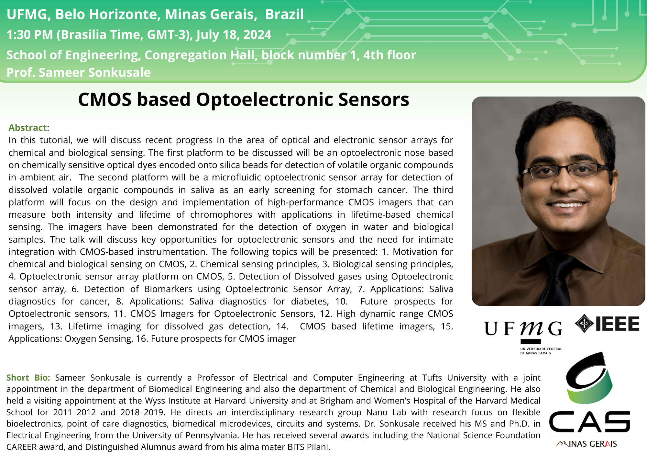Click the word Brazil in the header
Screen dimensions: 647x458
tap(284, 14)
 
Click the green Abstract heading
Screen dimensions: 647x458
tap(28, 128)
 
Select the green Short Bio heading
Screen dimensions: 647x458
tap(28, 378)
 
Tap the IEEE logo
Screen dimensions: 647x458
tap(607, 324)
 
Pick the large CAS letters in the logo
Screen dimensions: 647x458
tap(589, 422)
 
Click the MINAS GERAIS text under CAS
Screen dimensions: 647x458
tap(586, 444)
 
